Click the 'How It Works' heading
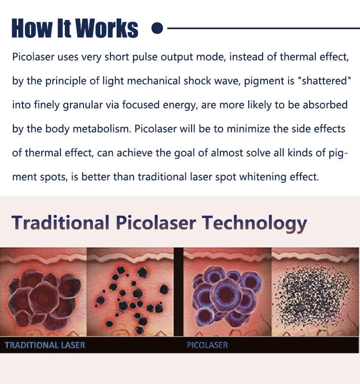[75, 28]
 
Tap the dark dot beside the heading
[157, 28]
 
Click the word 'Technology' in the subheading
[254, 223]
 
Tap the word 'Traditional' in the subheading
[60, 223]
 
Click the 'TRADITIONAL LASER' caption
[45, 345]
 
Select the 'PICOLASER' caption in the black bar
[207, 345]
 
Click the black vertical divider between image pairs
[179, 292]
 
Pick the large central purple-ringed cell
[226, 292]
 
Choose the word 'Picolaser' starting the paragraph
[33, 57]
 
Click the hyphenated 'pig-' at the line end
[338, 153]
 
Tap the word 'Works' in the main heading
[107, 28]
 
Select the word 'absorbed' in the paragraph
[325, 105]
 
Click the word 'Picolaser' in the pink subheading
[156, 223]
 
